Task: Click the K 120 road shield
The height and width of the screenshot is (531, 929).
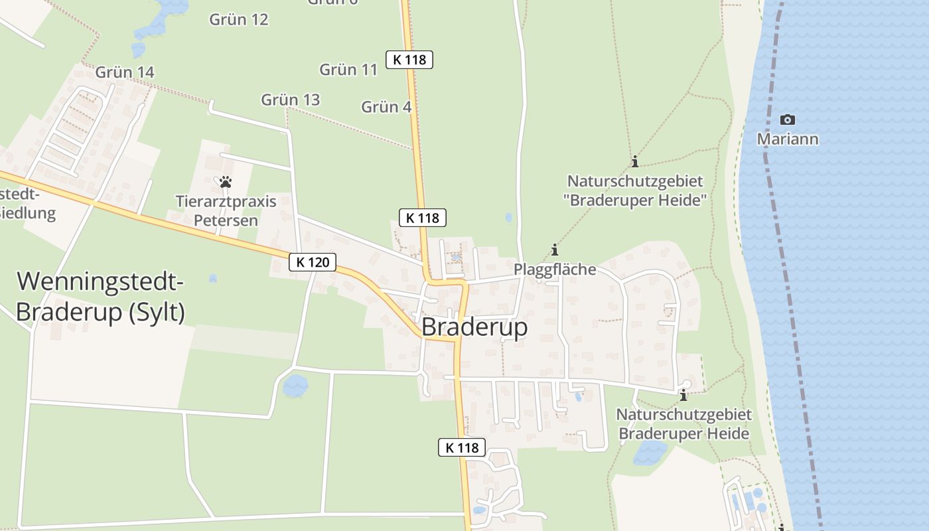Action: tap(313, 262)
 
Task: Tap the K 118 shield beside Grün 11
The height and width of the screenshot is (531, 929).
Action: tap(409, 60)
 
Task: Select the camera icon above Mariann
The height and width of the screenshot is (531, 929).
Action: tap(788, 120)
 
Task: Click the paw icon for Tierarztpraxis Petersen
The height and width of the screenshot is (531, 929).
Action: tap(226, 181)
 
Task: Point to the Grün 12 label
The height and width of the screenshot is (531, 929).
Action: tap(239, 19)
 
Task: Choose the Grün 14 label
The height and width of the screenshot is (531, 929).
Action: tap(125, 72)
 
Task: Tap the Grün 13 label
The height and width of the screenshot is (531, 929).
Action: tap(290, 100)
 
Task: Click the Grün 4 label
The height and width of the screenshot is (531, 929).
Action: tap(386, 106)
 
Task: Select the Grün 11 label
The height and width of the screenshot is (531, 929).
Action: tap(348, 69)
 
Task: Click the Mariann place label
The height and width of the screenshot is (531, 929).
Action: tap(788, 139)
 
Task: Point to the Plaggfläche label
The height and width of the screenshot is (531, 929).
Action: tap(555, 269)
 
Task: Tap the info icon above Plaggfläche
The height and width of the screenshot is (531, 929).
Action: tap(555, 250)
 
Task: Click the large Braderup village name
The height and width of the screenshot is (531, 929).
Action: tap(474, 327)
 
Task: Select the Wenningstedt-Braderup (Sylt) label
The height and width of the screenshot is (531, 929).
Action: tap(100, 297)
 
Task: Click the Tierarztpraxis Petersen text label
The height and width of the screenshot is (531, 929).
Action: tap(226, 210)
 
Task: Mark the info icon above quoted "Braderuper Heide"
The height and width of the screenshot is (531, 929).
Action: tap(635, 161)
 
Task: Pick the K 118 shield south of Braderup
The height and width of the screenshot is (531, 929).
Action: tap(462, 447)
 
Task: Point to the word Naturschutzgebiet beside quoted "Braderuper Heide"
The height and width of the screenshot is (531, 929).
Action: tap(635, 181)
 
